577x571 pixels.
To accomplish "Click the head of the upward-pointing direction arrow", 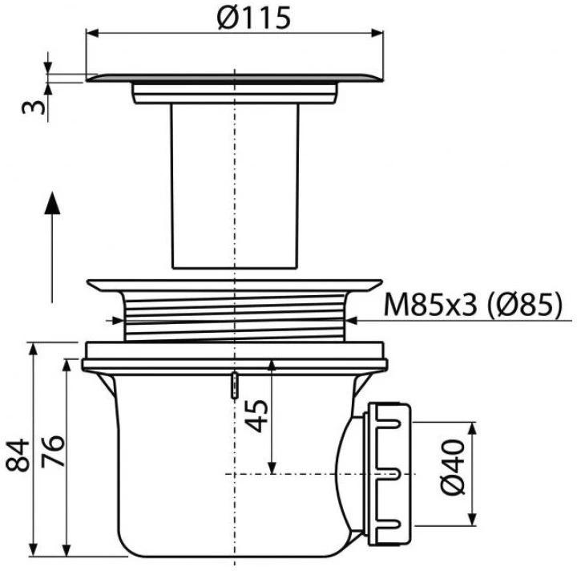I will pyautogui.click(x=51, y=203).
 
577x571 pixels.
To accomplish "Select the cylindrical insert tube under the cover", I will pyautogui.click(x=234, y=188).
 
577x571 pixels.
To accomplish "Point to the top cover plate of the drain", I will pyautogui.click(x=234, y=78).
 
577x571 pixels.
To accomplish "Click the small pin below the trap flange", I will pyautogui.click(x=233, y=385).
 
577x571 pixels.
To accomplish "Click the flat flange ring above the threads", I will pyautogui.click(x=234, y=284).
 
